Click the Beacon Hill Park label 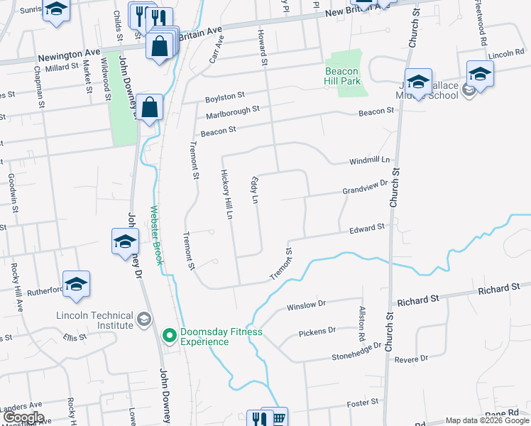point(343,76)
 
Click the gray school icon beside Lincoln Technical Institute point(145,319)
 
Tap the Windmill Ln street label point(370,161)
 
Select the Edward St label point(366,227)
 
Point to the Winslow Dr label point(305,306)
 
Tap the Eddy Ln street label point(253,190)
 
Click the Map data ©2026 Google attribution point(487,421)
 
